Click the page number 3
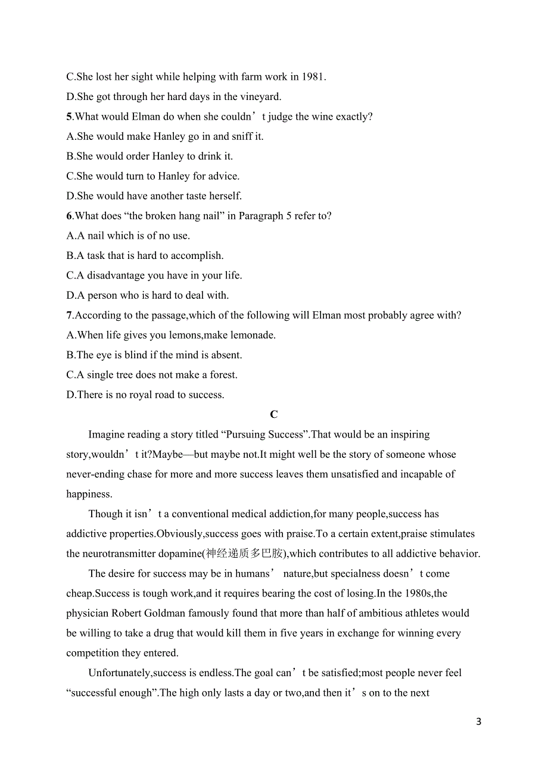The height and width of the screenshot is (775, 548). (479, 722)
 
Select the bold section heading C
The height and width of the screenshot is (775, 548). (274, 414)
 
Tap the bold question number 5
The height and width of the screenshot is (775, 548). (69, 117)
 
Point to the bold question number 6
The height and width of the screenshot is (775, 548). (69, 216)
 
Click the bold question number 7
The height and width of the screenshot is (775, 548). (69, 315)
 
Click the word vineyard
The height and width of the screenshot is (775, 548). (259, 96)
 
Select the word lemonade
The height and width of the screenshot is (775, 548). (254, 335)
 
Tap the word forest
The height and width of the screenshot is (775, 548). (222, 375)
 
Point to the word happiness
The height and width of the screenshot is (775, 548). (89, 494)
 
